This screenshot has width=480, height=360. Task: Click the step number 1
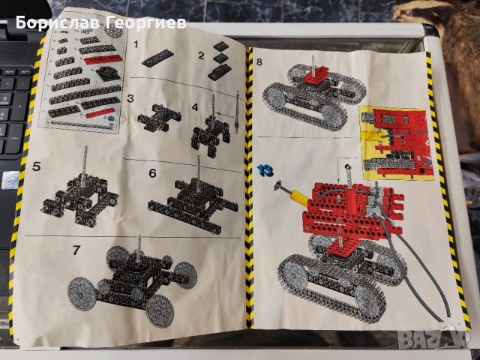[136, 45]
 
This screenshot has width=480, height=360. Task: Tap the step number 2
[201, 55]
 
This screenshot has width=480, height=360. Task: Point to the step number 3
[130, 98]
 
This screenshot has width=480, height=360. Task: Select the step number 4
[195, 106]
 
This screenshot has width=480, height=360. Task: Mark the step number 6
[152, 172]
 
